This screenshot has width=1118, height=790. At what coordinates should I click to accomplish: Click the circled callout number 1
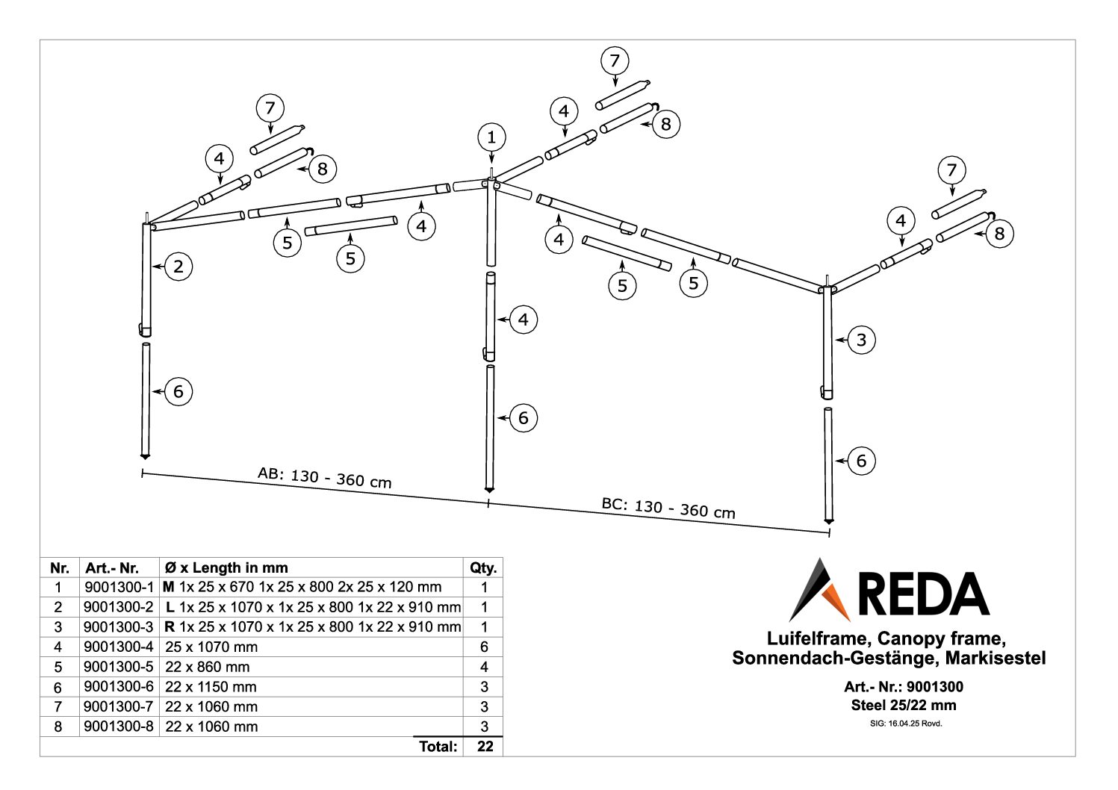tap(491, 137)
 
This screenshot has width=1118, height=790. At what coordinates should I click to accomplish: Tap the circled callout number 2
tap(178, 267)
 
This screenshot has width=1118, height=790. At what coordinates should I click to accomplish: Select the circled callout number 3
tap(861, 340)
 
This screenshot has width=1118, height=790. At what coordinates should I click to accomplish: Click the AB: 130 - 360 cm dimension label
tap(324, 477)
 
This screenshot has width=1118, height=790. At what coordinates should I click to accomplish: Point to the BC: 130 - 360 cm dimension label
tap(668, 508)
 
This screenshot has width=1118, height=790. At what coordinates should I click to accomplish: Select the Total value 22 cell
tap(484, 746)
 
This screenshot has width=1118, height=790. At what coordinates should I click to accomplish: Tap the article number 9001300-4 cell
tap(119, 647)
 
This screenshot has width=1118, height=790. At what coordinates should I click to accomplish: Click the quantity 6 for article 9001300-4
tap(484, 647)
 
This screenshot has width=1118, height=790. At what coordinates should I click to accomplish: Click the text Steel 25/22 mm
tap(904, 705)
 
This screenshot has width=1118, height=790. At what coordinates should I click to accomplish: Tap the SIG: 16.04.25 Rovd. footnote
tap(904, 723)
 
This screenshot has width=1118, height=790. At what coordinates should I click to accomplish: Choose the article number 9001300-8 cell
tap(119, 727)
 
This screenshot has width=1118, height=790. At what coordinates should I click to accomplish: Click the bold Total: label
tap(438, 746)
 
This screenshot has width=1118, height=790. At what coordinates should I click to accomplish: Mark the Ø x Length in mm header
tap(225, 568)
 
